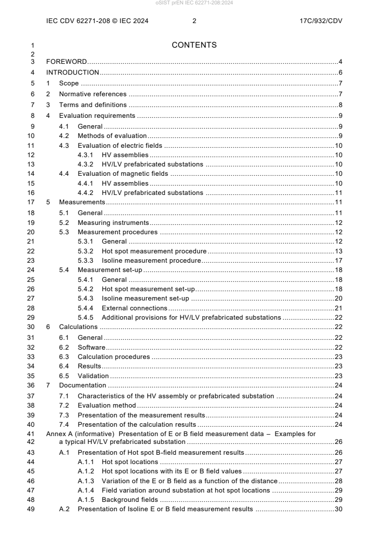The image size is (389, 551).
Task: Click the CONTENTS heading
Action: point(194,45)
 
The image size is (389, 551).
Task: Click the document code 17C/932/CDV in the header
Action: point(320,21)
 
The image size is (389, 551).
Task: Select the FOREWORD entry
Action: point(66,62)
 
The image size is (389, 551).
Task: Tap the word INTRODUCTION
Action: point(73,73)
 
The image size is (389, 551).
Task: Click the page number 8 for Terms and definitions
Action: point(340,105)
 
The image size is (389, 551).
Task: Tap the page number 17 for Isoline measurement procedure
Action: point(338,261)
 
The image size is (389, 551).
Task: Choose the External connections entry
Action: point(134,308)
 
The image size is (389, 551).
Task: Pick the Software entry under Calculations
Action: point(92,347)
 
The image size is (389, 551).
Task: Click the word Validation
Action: point(93,376)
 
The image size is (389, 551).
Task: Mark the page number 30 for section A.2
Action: point(338,509)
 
